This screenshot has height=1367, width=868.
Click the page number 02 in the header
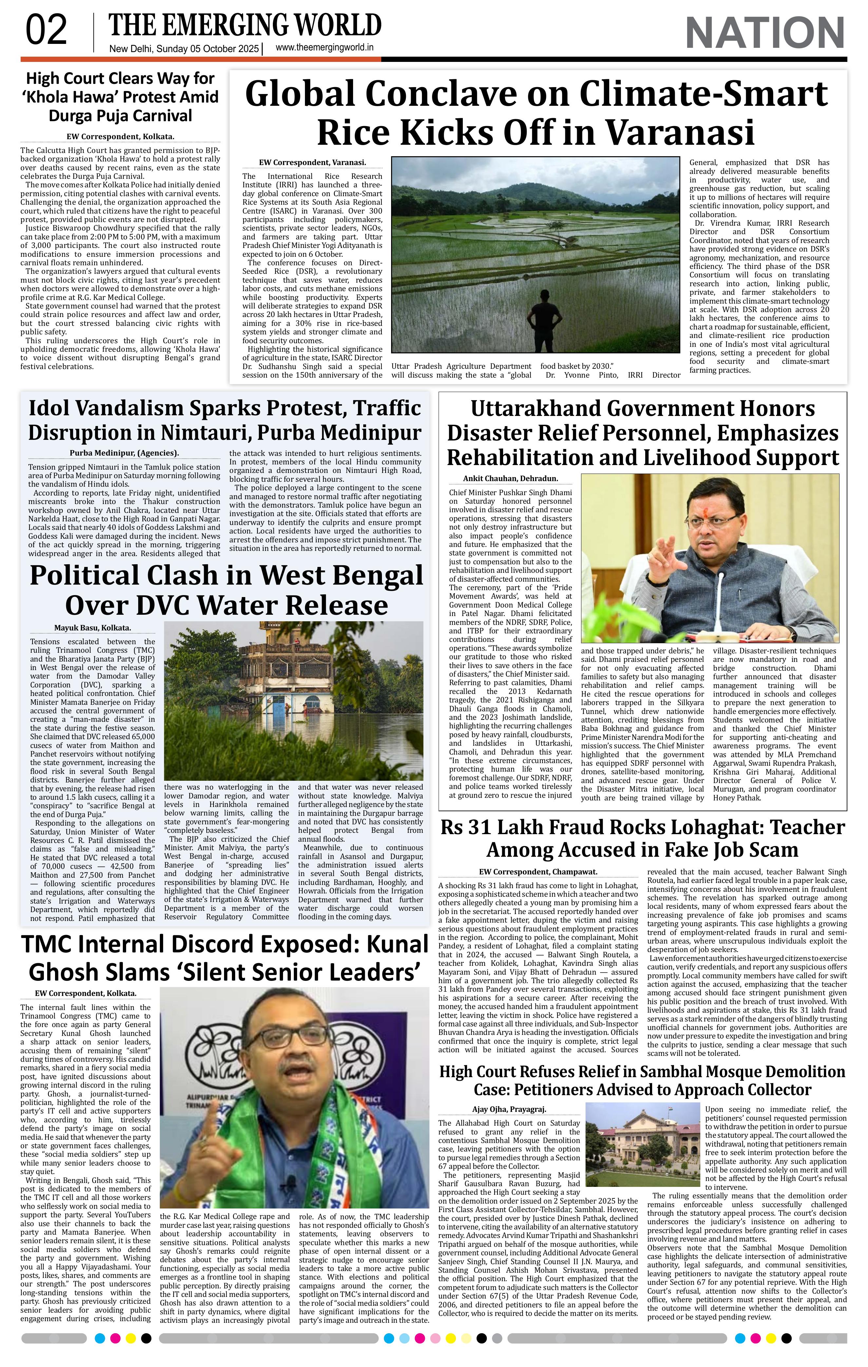pyautogui.click(x=47, y=31)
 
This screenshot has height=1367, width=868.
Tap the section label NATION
pyautogui.click(x=765, y=33)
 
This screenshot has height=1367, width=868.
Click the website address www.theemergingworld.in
pyautogui.click(x=324, y=48)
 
